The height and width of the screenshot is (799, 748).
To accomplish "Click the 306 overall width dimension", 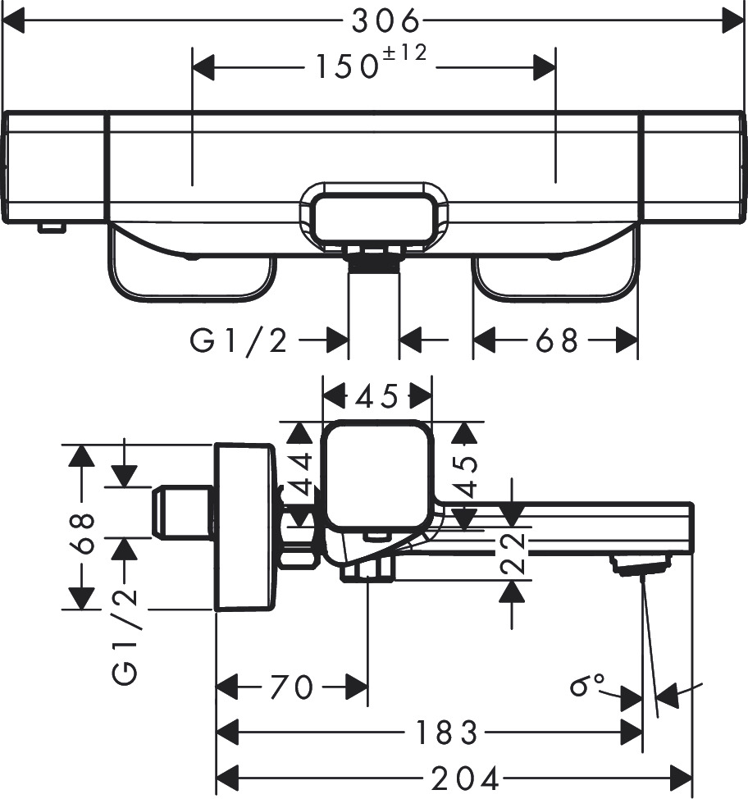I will tap(386, 21).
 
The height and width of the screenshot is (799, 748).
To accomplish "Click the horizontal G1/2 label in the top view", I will tap(239, 340).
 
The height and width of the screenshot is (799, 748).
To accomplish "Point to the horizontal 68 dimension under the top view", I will tap(557, 340).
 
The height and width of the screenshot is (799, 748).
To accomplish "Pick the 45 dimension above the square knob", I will tap(376, 397).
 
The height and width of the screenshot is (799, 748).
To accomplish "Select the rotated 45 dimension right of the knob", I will tap(467, 476).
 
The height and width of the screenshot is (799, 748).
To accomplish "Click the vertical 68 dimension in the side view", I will tap(81, 533).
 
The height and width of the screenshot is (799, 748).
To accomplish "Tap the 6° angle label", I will tap(587, 684).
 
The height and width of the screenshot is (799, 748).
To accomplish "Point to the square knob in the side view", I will tap(378, 477).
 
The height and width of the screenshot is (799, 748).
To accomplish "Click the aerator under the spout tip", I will tap(640, 565).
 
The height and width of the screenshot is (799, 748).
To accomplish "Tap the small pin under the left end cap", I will tap(50, 227).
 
